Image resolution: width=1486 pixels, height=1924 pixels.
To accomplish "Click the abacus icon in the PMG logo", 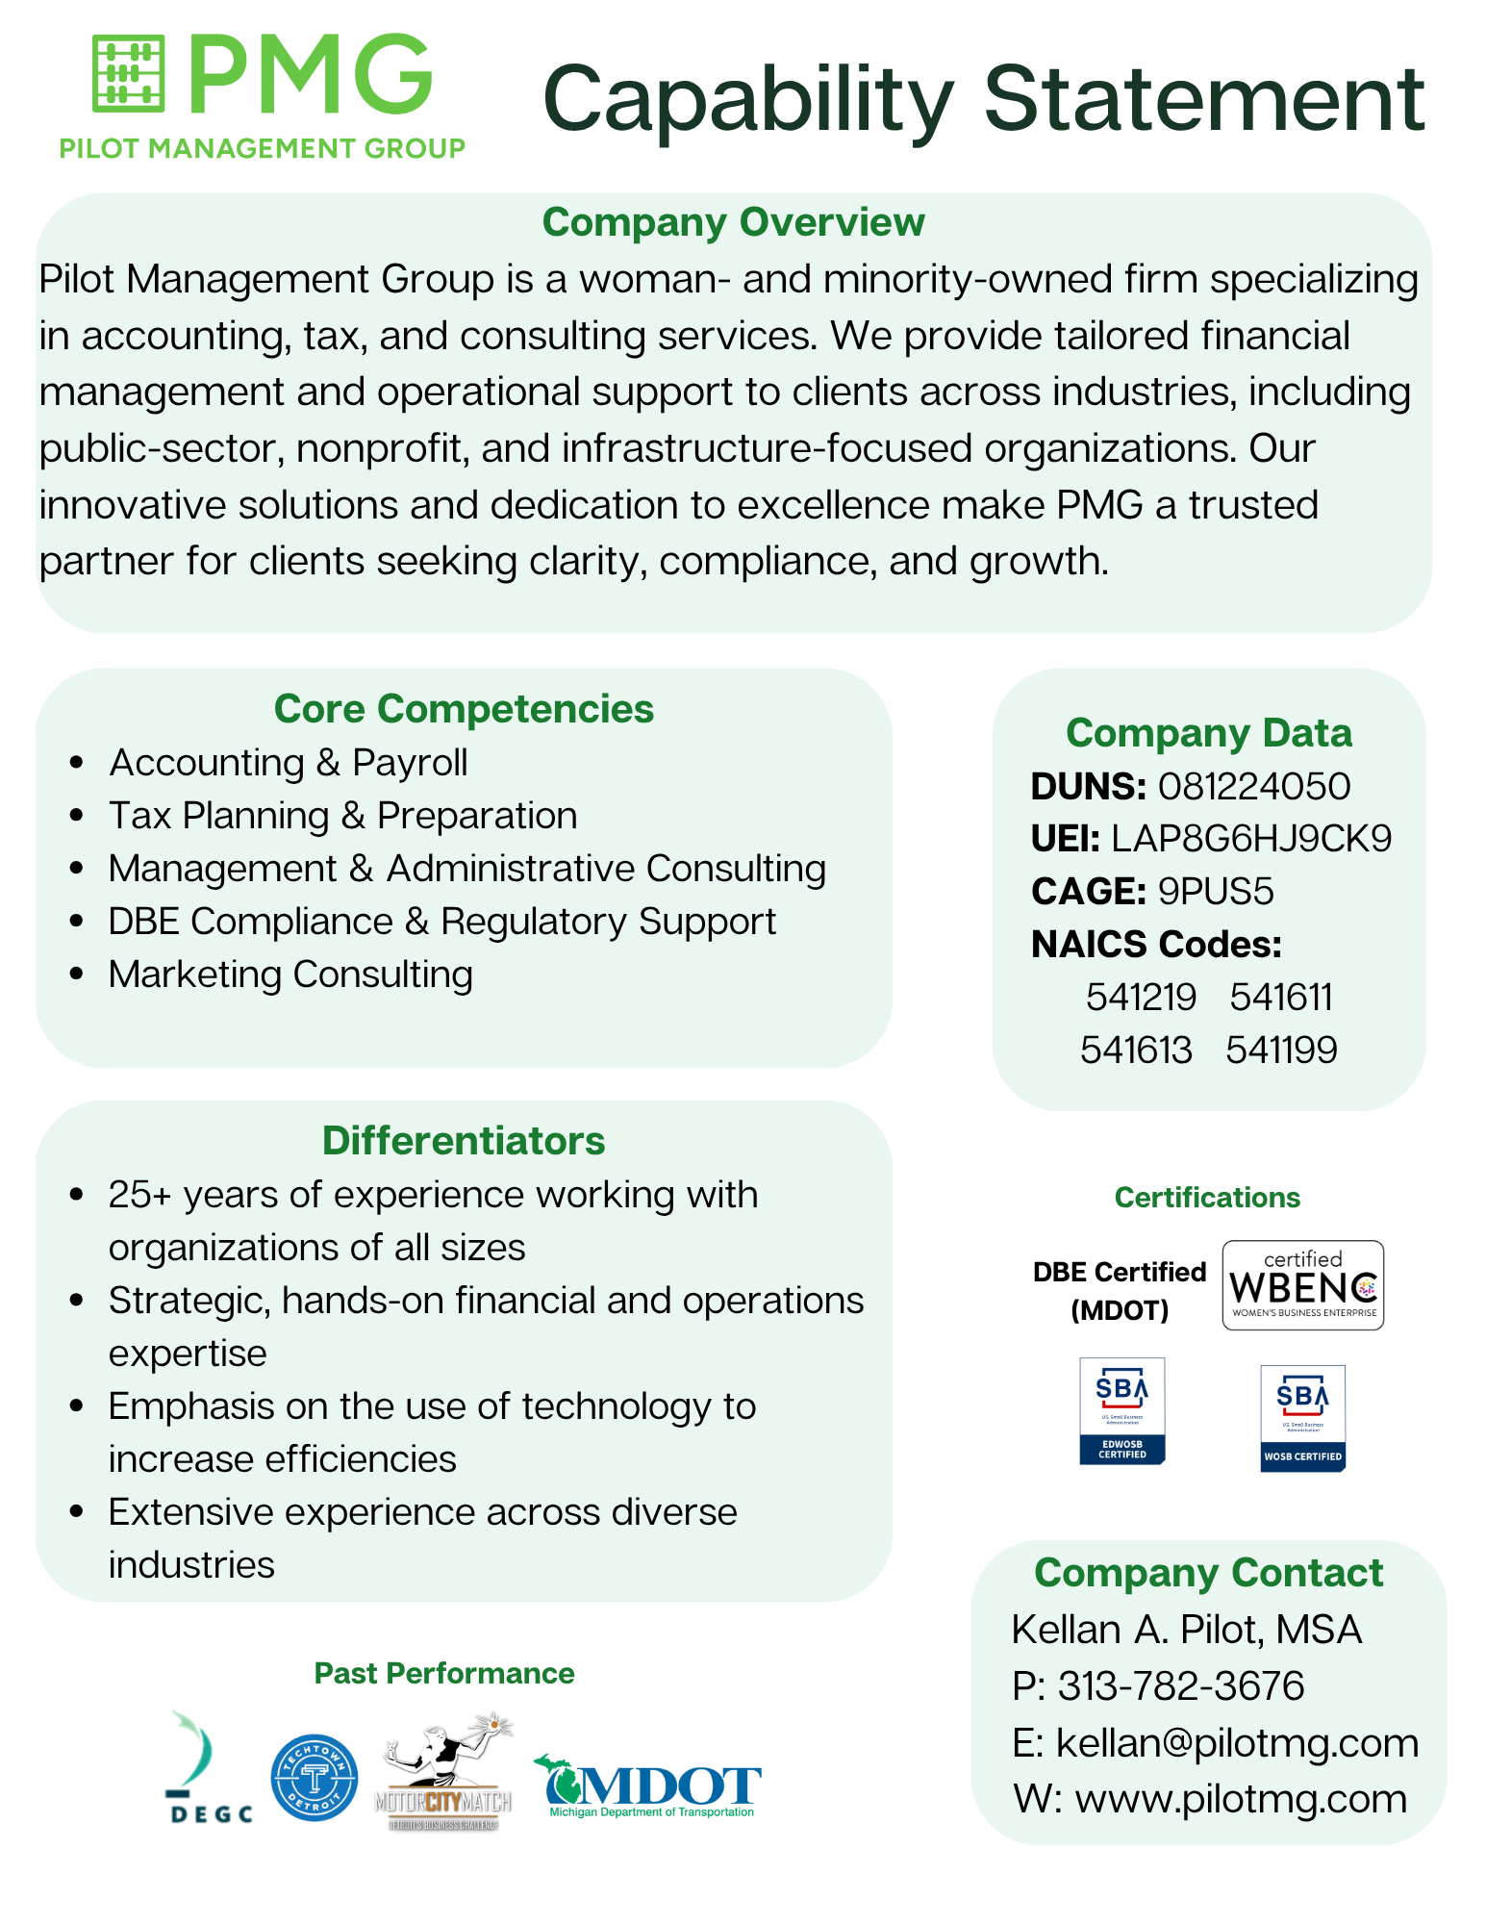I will click(x=128, y=73).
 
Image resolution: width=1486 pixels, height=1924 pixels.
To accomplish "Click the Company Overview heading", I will click(x=733, y=222).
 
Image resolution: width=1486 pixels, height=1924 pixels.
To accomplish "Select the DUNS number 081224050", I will click(x=1253, y=787).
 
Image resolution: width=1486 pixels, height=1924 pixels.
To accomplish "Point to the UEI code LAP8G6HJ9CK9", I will click(x=1250, y=839).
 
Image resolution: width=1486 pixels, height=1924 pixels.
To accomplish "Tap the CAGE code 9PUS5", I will click(x=1215, y=892).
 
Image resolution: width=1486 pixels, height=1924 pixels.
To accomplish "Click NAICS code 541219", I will click(x=1141, y=998).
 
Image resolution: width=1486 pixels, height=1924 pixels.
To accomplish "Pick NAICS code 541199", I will click(x=1281, y=1050).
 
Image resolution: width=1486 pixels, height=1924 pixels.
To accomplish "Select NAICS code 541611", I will click(x=1281, y=998).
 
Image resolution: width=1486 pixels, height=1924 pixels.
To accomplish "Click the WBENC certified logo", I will click(x=1302, y=1285).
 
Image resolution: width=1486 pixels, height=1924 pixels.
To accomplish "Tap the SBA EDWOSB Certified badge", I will click(x=1121, y=1410).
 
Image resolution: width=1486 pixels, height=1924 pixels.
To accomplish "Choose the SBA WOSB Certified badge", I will click(x=1302, y=1418).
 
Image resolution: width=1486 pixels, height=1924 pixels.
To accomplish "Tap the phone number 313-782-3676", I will click(x=1180, y=1685).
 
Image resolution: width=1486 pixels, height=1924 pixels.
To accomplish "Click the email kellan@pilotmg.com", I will click(x=1237, y=1742).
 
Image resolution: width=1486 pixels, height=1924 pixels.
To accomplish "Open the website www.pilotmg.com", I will click(x=1241, y=1798).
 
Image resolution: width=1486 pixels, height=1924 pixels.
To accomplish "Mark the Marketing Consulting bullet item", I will click(x=290, y=975).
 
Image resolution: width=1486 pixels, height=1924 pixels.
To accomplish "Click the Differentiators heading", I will click(x=464, y=1141).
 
